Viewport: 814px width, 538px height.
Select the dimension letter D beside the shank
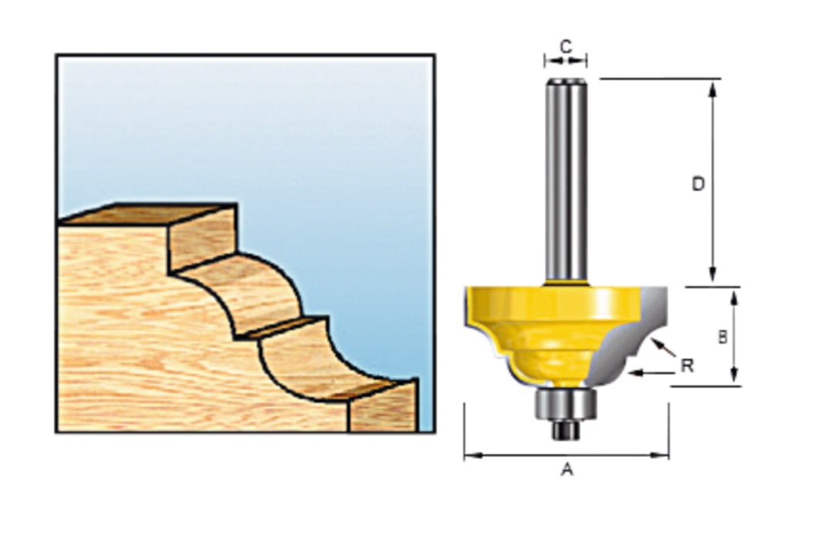(698, 184)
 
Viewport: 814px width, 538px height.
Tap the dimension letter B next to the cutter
(722, 337)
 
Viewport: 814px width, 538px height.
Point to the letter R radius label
(688, 365)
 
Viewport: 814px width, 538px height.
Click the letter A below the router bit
(567, 469)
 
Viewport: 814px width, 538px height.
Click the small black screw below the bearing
(566, 429)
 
